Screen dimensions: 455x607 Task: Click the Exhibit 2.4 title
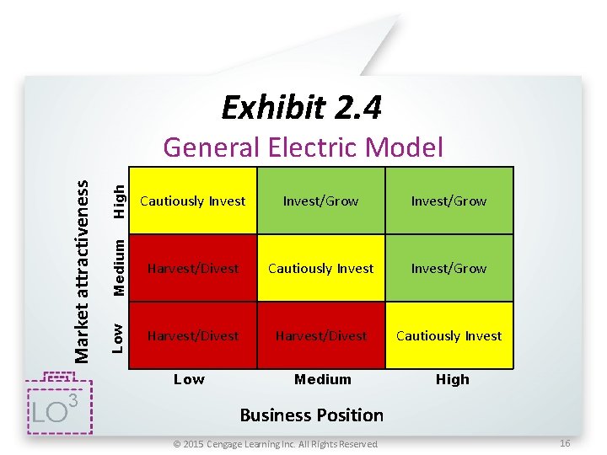pos(301,108)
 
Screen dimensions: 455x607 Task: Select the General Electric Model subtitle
pos(303,147)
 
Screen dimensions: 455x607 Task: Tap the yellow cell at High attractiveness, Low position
pos(193,201)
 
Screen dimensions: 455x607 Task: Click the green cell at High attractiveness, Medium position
pos(321,201)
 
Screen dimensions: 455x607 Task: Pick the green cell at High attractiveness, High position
pos(449,201)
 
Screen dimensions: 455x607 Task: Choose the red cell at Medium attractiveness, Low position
pos(193,268)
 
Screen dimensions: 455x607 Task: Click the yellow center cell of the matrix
pos(321,268)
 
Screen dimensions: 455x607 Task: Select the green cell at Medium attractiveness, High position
pos(449,268)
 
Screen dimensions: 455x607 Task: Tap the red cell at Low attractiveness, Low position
pos(193,335)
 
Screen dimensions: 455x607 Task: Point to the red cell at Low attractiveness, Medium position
pos(321,335)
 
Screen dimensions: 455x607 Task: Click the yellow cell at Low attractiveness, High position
pos(449,335)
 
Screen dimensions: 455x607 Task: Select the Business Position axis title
pos(311,415)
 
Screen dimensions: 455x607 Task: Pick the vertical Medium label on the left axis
pos(121,267)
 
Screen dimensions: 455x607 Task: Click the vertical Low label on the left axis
pos(121,336)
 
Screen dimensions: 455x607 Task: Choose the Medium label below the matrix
pos(322,379)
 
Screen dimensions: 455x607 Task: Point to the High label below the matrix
pos(452,379)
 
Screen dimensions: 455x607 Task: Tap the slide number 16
pos(565,442)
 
